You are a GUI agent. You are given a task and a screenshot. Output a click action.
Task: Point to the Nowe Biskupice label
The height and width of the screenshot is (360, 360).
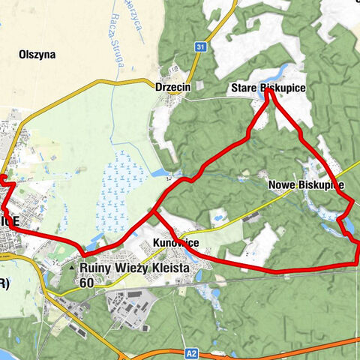pyautogui.click(x=304, y=184)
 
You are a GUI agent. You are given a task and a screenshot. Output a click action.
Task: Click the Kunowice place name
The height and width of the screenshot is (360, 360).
pyautogui.click(x=175, y=243)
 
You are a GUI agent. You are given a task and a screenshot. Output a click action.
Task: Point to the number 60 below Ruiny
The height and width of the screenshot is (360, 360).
pyautogui.click(x=86, y=283)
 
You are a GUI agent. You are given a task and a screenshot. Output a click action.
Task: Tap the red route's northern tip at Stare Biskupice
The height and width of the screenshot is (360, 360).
pyautogui.click(x=268, y=92)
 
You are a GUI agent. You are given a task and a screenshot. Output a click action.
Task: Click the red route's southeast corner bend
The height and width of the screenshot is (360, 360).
pyautogui.click(x=355, y=262)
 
